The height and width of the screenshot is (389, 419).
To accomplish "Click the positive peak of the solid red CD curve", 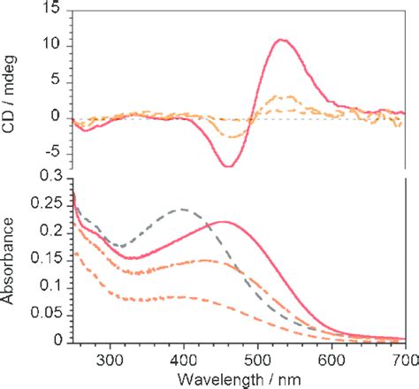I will point(281,40).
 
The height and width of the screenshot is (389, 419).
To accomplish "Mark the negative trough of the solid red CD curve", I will point(229,166).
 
